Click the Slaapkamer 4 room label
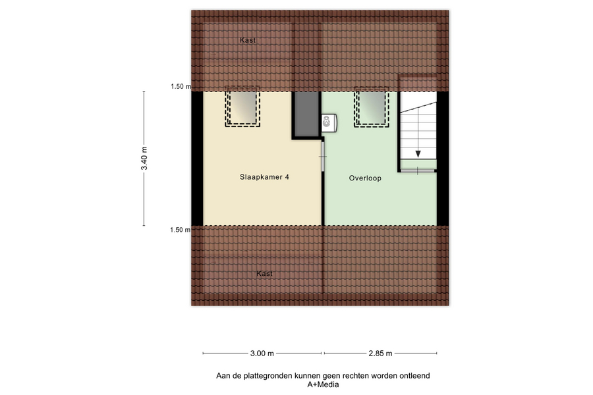pyautogui.click(x=264, y=177)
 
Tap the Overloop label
pyautogui.click(x=365, y=178)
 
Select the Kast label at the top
pyautogui.click(x=248, y=40)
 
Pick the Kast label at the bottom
pyautogui.click(x=264, y=274)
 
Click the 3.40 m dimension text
pyautogui.click(x=144, y=158)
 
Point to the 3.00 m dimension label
pyautogui.click(x=262, y=354)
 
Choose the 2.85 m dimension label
pyautogui.click(x=380, y=354)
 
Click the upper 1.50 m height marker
pyautogui.click(x=181, y=86)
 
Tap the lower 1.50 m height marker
pyautogui.click(x=181, y=230)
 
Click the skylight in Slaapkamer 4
pyautogui.click(x=242, y=107)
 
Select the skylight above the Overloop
pyautogui.click(x=372, y=107)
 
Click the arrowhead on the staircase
pyautogui.click(x=418, y=154)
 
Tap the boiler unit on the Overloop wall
pyautogui.click(x=329, y=123)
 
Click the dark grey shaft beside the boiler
pyautogui.click(x=306, y=114)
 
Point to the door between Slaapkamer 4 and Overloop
pyautogui.click(x=323, y=157)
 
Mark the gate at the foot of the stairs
pyautogui.click(x=418, y=171)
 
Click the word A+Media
pyautogui.click(x=323, y=384)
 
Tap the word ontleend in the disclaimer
pyautogui.click(x=414, y=376)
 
